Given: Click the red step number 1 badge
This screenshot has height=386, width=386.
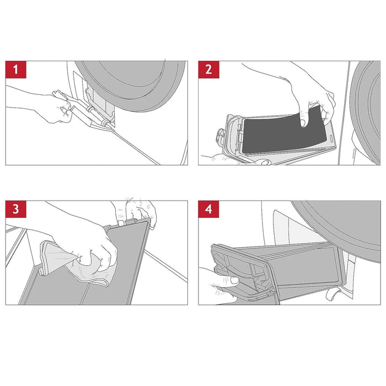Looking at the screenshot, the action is [x=16, y=69].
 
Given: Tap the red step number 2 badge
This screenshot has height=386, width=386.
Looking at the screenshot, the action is [x=208, y=69].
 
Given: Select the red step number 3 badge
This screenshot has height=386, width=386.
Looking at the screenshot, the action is [x=16, y=209].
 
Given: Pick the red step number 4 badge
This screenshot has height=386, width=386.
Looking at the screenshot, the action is [x=208, y=209].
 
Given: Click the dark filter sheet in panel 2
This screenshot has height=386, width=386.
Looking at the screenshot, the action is [x=283, y=131].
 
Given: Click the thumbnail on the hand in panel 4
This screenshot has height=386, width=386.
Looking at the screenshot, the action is [x=234, y=280].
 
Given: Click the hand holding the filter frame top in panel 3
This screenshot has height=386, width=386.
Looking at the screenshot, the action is [x=138, y=212].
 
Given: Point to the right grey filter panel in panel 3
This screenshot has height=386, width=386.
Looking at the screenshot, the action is [x=118, y=266].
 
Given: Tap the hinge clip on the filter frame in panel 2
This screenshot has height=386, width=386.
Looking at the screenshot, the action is [x=220, y=136].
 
